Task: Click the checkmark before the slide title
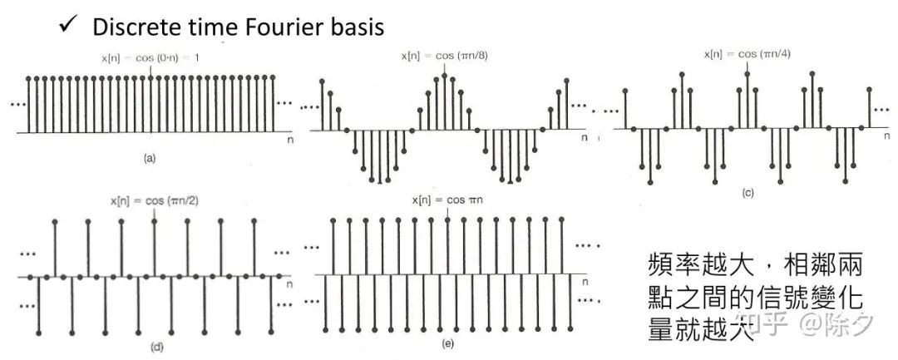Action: click(x=67, y=25)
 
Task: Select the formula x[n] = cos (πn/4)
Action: click(x=743, y=54)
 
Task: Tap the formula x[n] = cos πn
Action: click(x=448, y=201)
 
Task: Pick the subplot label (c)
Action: click(x=748, y=193)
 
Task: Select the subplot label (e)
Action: click(x=448, y=343)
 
